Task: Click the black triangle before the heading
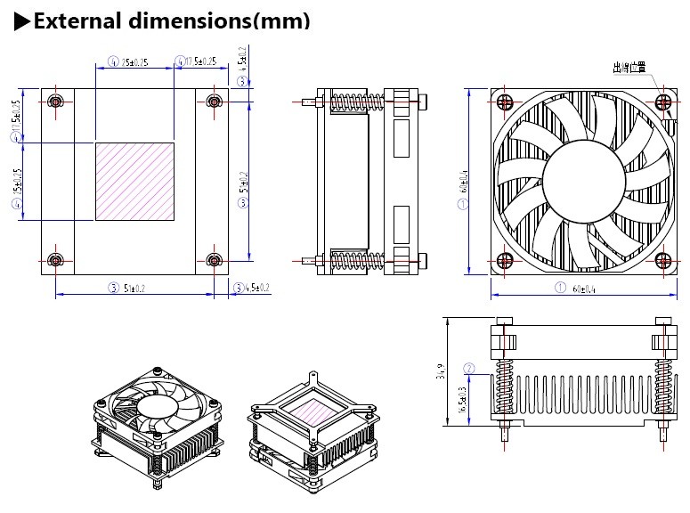[23, 20]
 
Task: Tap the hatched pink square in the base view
[134, 182]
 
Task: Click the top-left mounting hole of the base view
[56, 101]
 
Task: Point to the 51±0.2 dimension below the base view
[134, 288]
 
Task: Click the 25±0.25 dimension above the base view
[134, 61]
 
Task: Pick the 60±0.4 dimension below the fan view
[583, 288]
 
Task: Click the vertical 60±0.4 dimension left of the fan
[463, 182]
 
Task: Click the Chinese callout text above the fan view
[629, 67]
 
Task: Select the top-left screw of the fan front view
[505, 101]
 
